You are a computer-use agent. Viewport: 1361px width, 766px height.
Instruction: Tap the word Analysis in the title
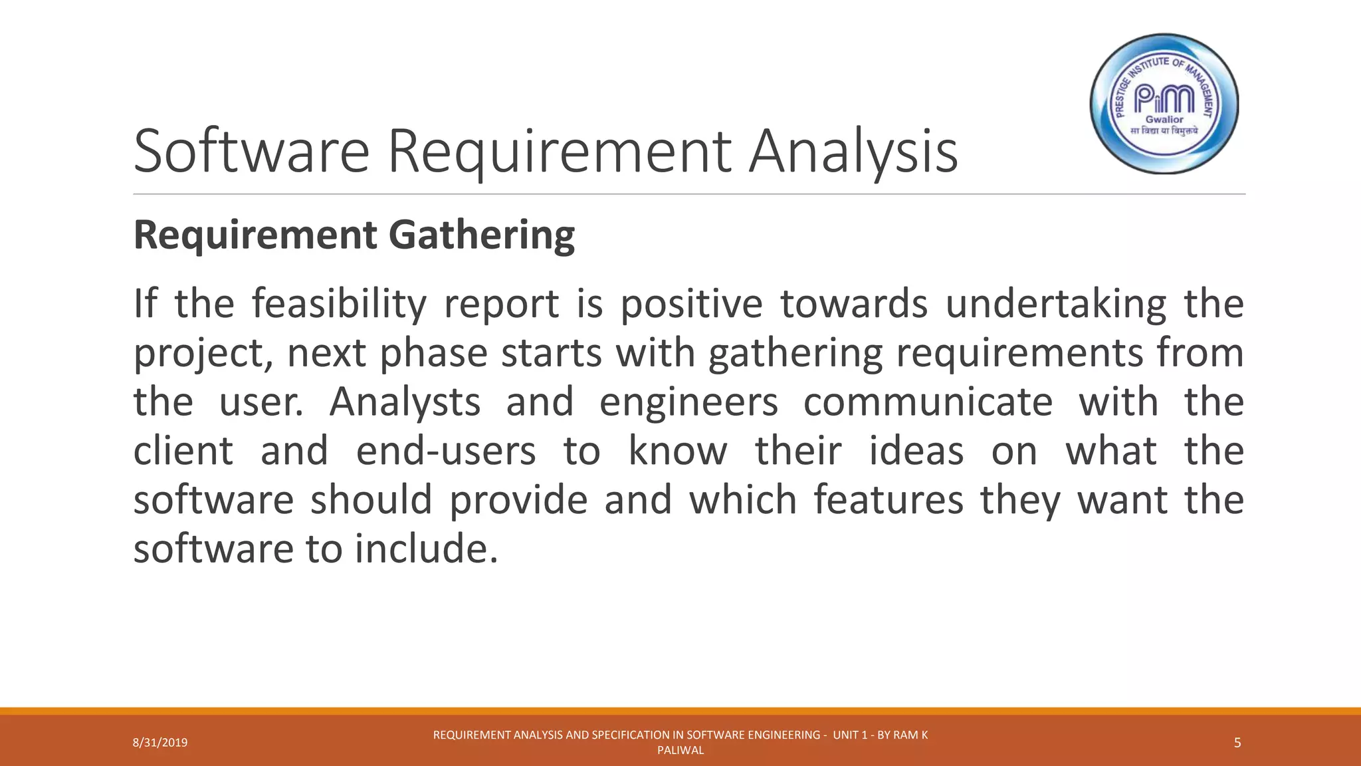853,152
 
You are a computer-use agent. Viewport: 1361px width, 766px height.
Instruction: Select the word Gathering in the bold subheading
481,235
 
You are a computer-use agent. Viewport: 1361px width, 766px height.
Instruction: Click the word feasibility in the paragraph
339,304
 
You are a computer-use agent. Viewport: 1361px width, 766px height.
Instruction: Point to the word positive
691,305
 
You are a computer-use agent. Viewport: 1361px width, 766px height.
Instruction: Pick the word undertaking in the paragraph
1055,305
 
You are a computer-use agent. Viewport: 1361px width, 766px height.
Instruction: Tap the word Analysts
405,402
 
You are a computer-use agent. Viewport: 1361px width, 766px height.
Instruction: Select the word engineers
688,403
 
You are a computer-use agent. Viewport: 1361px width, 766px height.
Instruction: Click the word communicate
928,402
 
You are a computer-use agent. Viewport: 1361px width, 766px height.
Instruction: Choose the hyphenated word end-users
446,451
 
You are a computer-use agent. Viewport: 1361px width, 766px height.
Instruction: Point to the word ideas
916,451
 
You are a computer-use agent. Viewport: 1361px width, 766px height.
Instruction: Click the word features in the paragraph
889,500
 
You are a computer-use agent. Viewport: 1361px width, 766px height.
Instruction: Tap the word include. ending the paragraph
426,549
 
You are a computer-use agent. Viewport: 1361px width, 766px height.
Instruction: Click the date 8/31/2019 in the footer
160,743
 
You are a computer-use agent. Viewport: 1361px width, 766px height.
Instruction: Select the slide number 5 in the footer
1237,743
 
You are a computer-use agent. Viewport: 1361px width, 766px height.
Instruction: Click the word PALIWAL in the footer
680,751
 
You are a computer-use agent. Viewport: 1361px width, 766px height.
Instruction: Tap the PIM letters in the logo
1164,99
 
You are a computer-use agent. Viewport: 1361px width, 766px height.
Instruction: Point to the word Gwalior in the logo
1164,120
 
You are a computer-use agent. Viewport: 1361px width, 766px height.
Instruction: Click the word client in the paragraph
183,451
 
